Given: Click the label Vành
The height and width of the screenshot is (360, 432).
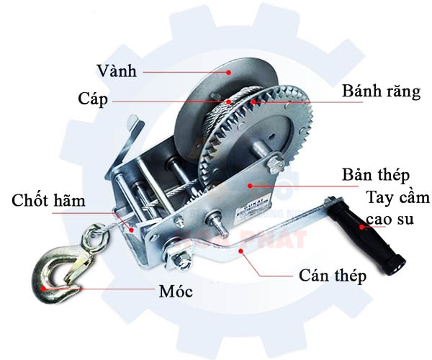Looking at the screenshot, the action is [x=118, y=71].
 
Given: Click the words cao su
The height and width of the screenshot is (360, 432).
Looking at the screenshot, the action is [x=390, y=219].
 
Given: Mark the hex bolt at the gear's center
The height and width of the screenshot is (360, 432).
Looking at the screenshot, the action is [x=276, y=164].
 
